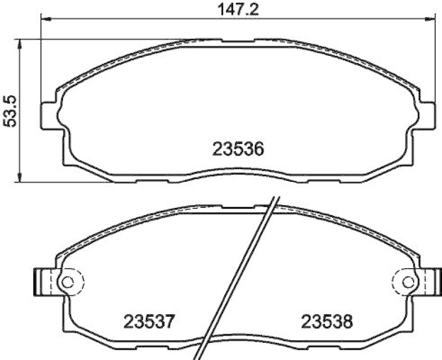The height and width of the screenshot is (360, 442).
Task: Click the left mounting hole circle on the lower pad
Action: [67, 281]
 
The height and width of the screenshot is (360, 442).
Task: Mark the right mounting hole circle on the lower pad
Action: [408, 281]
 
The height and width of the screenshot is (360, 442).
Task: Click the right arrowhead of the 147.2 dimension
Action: [430, 20]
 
